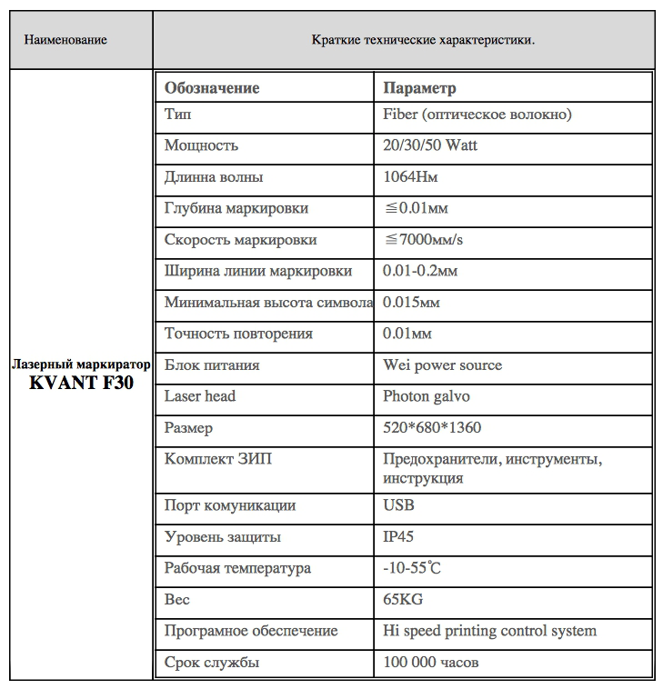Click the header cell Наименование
coord(65,40)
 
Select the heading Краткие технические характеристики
coord(423,40)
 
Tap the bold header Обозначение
coord(212,88)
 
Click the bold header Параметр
coord(419,88)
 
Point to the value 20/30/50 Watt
coord(430,145)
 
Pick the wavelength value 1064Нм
coord(409,177)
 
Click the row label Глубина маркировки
coord(236,208)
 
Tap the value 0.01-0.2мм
coord(420,271)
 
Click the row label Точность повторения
coord(238,334)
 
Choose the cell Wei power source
coord(442,365)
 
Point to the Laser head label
coord(200,396)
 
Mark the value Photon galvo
coord(427,396)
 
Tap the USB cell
coord(399,505)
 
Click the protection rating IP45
coord(400,536)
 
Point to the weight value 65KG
coord(403,600)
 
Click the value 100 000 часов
coord(431,663)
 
